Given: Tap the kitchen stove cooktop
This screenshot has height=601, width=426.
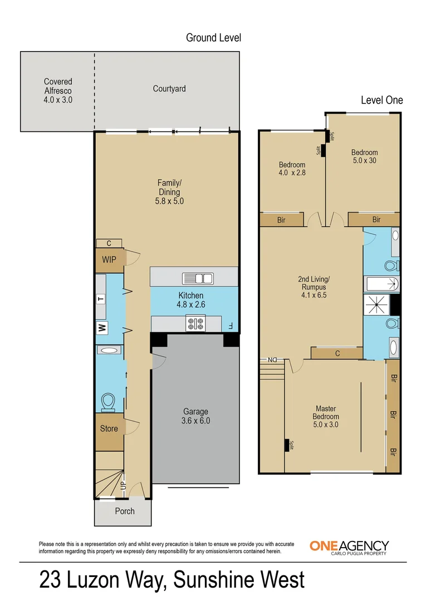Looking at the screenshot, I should click(x=195, y=322).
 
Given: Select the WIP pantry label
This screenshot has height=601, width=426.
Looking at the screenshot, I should click(x=109, y=259).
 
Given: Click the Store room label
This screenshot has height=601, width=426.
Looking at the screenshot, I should click(x=109, y=428).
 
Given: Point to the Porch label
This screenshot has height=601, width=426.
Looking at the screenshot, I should click(x=125, y=511).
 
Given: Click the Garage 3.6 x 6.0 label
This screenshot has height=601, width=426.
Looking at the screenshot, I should click(x=197, y=416).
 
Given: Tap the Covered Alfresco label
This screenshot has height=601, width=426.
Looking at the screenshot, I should click(x=58, y=91).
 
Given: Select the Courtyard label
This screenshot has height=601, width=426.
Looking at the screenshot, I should click(x=169, y=88).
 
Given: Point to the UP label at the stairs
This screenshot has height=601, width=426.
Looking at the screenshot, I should click(x=123, y=486).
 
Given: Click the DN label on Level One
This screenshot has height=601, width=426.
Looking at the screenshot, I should click(x=273, y=359).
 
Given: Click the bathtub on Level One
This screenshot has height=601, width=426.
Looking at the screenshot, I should click(x=381, y=284).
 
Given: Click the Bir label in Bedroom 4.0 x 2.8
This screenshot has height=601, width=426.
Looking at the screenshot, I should click(x=281, y=220).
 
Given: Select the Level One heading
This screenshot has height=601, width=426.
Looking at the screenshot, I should click(x=381, y=100).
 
